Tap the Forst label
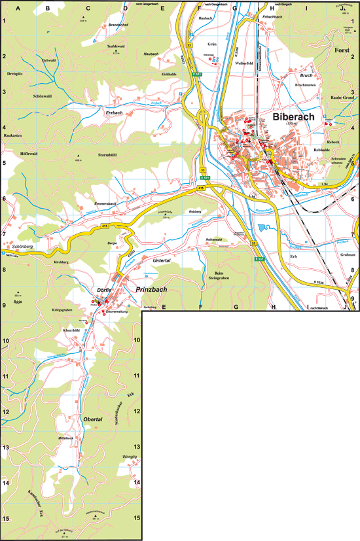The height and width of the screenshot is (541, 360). [342, 50]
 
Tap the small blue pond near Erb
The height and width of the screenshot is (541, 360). [264, 228]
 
